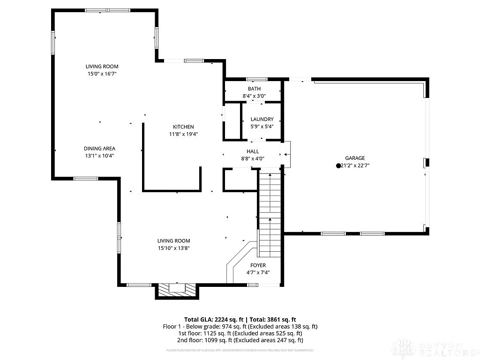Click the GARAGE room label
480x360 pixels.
355,158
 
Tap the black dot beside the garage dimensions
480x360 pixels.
338,165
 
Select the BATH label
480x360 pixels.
254,89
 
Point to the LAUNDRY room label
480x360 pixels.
262,120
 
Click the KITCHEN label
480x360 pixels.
183,127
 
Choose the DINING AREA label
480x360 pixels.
99,149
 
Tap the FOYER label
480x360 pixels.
258,265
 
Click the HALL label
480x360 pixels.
253,151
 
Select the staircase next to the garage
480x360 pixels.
269,213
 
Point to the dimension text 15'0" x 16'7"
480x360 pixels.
102,74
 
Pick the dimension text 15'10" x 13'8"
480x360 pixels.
173,248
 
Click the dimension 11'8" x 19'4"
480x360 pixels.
183,134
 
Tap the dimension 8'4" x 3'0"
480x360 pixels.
254,96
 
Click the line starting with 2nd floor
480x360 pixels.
240,340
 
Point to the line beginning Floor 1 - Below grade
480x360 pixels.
240,326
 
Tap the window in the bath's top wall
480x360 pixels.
257,79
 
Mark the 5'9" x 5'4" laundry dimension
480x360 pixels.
262,127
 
